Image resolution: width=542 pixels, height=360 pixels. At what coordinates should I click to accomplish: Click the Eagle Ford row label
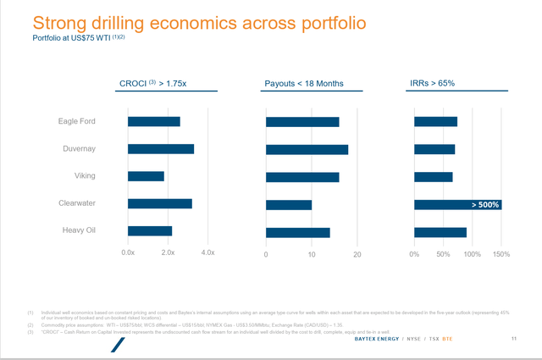[x=76, y=121]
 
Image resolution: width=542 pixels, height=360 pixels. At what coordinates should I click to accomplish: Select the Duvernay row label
[x=78, y=148]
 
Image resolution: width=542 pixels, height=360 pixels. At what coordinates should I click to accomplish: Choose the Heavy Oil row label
[x=78, y=230]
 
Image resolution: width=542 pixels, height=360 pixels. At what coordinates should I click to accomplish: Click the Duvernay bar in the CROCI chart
[x=161, y=149]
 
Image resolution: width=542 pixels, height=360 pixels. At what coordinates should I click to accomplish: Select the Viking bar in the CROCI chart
[x=146, y=176]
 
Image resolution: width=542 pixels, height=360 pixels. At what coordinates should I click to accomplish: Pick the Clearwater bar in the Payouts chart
[x=289, y=204]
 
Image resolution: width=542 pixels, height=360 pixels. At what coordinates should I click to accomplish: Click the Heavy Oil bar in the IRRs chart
[x=440, y=232]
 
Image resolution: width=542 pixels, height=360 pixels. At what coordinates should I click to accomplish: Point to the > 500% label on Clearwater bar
[x=485, y=205]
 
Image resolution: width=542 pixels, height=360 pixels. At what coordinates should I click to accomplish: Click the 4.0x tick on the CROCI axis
[x=208, y=253]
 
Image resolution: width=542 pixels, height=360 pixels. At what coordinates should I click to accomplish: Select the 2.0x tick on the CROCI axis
[x=168, y=253]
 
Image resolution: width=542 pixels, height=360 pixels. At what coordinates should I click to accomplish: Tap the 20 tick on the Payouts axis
[x=357, y=254]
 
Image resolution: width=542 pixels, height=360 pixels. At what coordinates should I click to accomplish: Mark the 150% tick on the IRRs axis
[x=501, y=254]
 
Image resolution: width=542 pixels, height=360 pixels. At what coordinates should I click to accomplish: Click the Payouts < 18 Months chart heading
[x=306, y=82]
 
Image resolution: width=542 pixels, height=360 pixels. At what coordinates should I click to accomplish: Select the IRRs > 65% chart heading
[x=432, y=82]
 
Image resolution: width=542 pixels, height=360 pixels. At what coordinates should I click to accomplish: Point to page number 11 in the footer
[x=514, y=339]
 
